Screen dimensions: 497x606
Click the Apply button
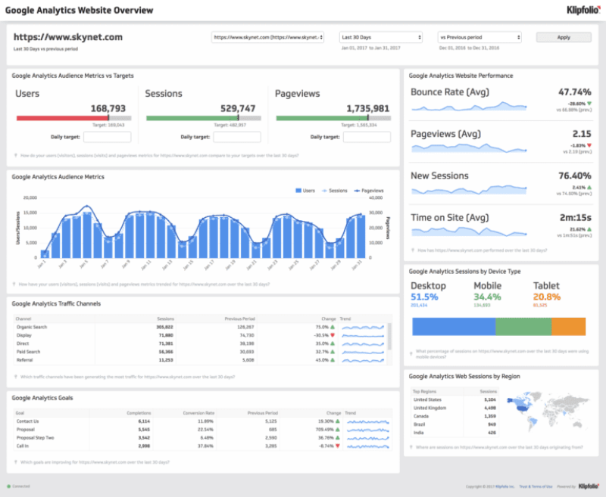(x=564, y=37)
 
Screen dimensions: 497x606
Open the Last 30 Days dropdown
(x=380, y=37)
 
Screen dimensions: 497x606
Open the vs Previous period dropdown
(x=479, y=37)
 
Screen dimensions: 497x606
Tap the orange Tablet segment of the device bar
(x=568, y=326)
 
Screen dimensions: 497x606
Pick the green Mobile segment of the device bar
(x=523, y=326)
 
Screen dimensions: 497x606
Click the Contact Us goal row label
(x=27, y=421)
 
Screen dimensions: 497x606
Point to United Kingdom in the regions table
(x=429, y=407)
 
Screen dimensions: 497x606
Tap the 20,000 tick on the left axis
(x=30, y=198)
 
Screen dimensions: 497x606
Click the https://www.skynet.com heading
(x=68, y=36)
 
